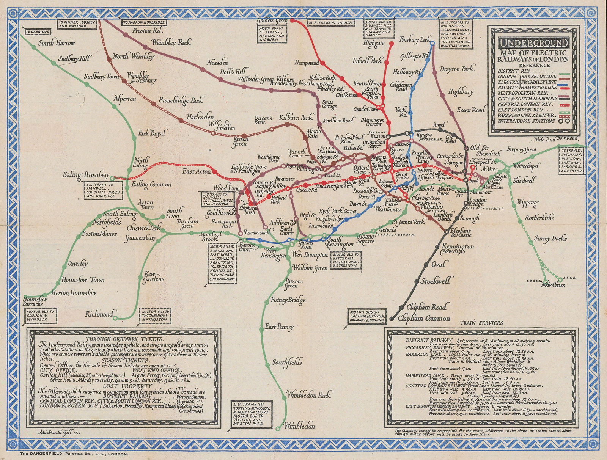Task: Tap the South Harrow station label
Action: [x=57, y=43]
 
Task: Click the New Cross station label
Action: [x=553, y=285]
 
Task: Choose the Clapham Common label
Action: [x=424, y=319]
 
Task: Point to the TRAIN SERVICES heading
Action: [x=481, y=323]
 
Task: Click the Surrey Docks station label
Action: [x=550, y=239]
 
